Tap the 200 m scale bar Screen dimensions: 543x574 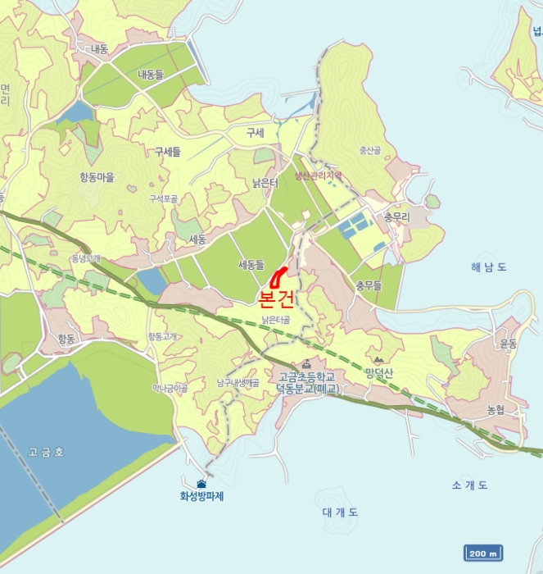point(483,553)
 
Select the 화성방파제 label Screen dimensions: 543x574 point(202,496)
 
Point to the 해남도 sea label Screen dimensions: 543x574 point(489,266)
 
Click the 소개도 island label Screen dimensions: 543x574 point(469,485)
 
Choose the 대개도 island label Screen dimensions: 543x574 point(340,512)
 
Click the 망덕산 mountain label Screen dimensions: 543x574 point(380,373)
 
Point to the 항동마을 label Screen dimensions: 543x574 point(97,176)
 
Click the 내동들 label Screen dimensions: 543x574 point(151,75)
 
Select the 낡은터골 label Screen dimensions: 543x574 point(275,320)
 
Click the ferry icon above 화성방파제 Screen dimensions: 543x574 point(201,483)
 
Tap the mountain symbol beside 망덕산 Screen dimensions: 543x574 point(378,360)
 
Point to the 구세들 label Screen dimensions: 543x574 point(167,152)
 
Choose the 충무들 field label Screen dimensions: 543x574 point(369,285)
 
